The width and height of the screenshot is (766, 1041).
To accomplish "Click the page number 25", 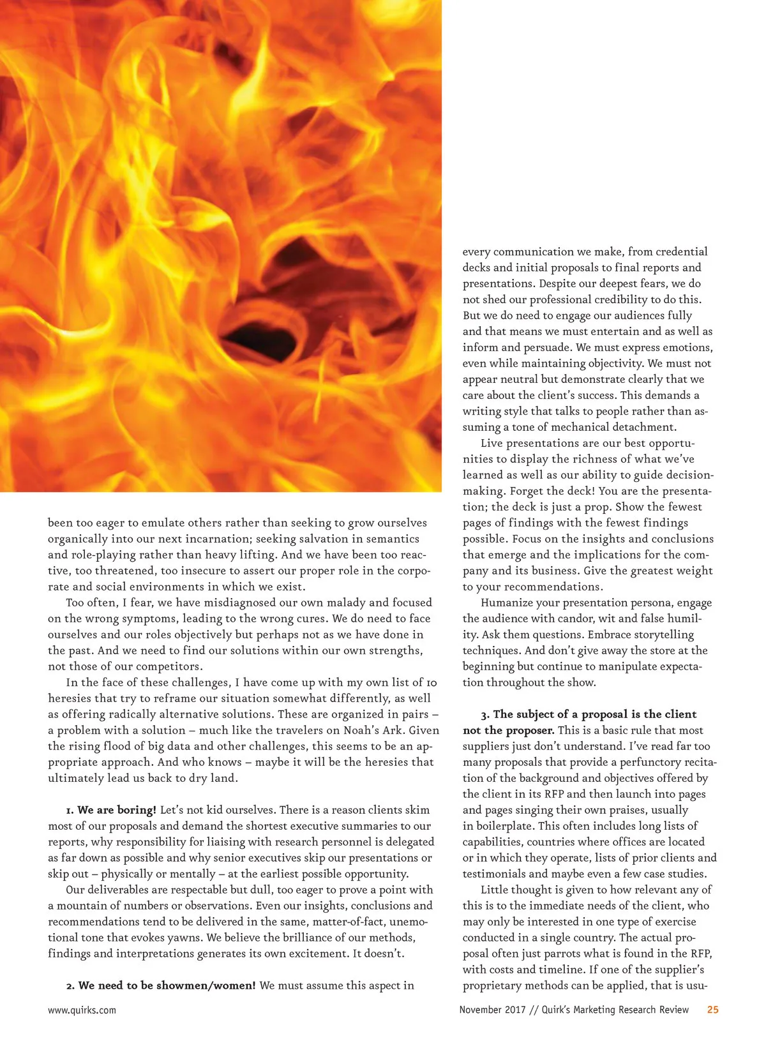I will pos(712,1010).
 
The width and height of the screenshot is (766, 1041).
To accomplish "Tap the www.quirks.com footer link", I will pos(82,1010).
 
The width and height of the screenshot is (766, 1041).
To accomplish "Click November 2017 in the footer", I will pos(492,1010).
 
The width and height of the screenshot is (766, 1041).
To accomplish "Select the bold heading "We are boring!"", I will pos(117,810).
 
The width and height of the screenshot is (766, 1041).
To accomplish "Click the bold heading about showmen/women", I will pos(167,985).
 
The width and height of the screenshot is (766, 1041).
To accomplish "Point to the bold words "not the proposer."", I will pos(509,730).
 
